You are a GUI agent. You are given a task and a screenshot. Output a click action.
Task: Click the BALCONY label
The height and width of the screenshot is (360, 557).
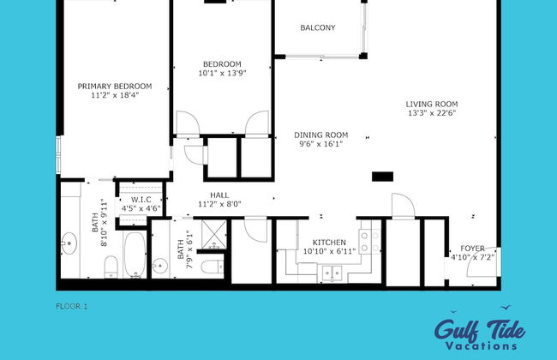317,28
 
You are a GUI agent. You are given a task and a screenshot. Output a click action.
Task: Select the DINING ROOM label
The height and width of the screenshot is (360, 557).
320,135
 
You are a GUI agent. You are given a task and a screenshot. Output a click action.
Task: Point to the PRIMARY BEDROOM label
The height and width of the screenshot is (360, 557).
114,86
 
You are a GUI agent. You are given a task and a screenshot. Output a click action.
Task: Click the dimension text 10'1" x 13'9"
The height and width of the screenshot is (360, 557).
222,74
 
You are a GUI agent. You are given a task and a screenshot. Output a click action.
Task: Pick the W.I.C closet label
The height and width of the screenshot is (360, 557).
141,200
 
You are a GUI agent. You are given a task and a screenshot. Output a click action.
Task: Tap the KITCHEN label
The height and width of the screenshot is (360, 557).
328,242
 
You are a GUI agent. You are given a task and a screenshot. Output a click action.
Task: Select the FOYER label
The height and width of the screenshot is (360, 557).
472,248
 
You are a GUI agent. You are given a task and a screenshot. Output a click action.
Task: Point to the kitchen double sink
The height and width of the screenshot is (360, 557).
330,273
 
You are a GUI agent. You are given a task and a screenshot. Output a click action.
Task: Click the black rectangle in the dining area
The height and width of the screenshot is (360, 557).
382,177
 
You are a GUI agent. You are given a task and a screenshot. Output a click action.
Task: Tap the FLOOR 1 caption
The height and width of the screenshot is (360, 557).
71,305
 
